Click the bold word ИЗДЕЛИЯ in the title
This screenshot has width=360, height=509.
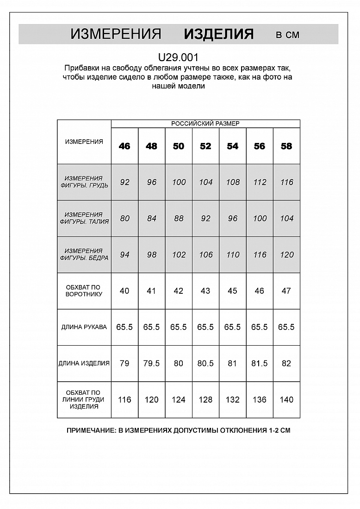(x=218, y=34)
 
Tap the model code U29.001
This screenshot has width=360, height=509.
(x=178, y=58)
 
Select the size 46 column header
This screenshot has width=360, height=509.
(x=124, y=146)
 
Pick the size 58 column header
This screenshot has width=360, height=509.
(x=286, y=146)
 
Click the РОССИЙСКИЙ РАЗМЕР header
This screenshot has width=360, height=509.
(x=205, y=124)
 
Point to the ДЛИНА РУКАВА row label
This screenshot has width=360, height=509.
(x=84, y=327)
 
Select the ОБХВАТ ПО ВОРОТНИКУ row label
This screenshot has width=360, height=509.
(x=84, y=291)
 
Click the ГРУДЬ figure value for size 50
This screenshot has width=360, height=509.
(x=179, y=182)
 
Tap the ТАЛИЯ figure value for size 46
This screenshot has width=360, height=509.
(x=124, y=218)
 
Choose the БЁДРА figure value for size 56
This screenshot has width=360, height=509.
(x=260, y=255)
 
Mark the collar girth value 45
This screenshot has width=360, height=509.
(x=232, y=291)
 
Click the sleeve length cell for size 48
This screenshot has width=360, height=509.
(x=151, y=327)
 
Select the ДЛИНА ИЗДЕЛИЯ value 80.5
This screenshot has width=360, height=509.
(x=205, y=364)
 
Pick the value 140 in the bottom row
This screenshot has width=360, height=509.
(x=286, y=400)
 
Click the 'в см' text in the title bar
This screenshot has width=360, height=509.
(x=287, y=35)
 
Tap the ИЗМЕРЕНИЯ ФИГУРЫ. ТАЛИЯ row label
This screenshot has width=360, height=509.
(x=84, y=218)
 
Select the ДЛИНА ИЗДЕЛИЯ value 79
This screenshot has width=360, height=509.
(x=124, y=364)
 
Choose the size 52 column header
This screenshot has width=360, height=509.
(x=205, y=146)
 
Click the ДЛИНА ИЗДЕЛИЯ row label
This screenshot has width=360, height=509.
(x=84, y=364)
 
